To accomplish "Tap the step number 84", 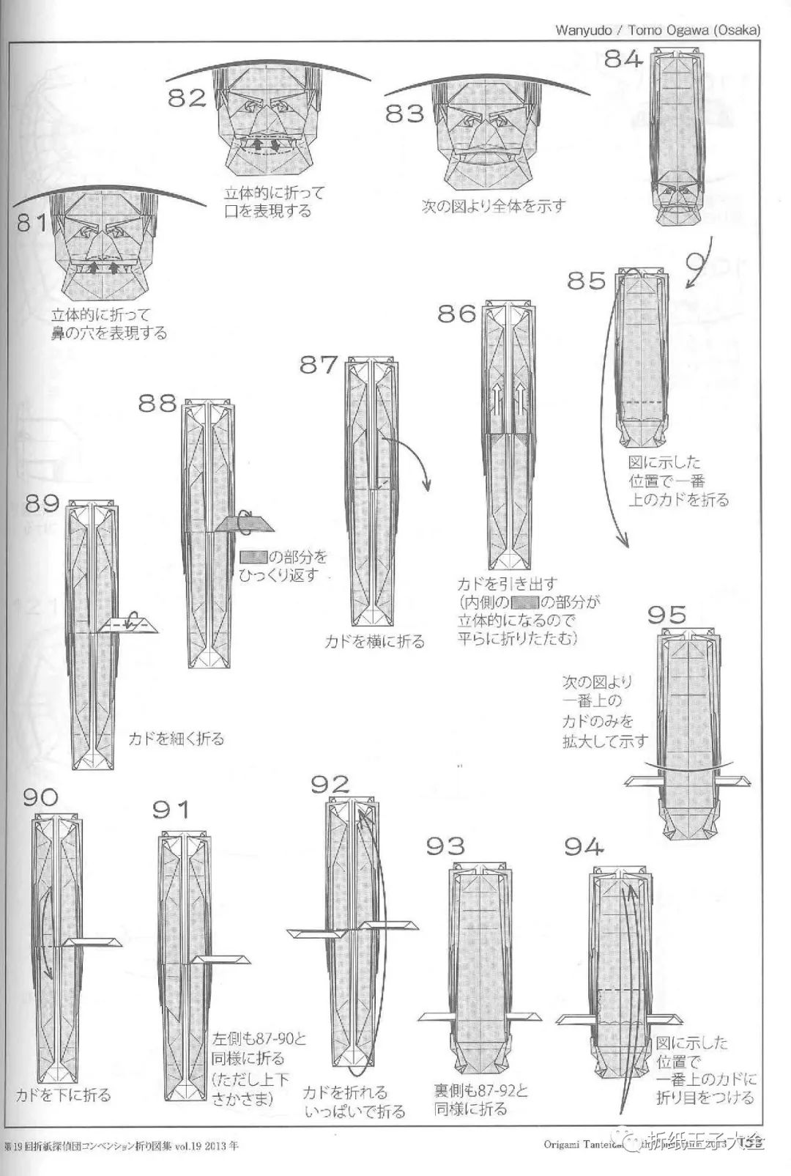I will (623, 59).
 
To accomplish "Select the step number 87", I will (319, 364).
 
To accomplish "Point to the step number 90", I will (40, 796).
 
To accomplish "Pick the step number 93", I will (445, 846).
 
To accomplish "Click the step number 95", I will (666, 614).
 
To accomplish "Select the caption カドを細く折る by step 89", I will (177, 739).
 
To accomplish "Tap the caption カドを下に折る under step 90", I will (64, 1095).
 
